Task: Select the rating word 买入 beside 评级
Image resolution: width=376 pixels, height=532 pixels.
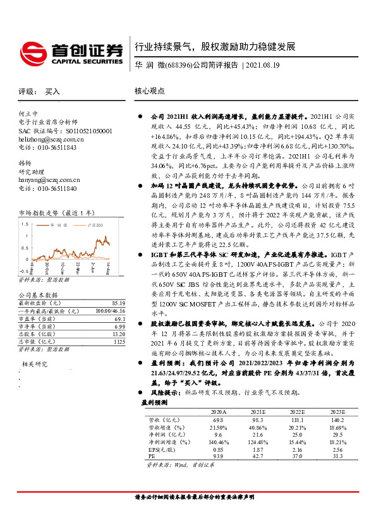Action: pyautogui.click(x=52, y=92)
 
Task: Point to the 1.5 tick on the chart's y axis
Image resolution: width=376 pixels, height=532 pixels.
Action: pyautogui.click(x=24, y=224)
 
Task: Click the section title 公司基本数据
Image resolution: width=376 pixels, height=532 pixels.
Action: pyautogui.click(x=38, y=295)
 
